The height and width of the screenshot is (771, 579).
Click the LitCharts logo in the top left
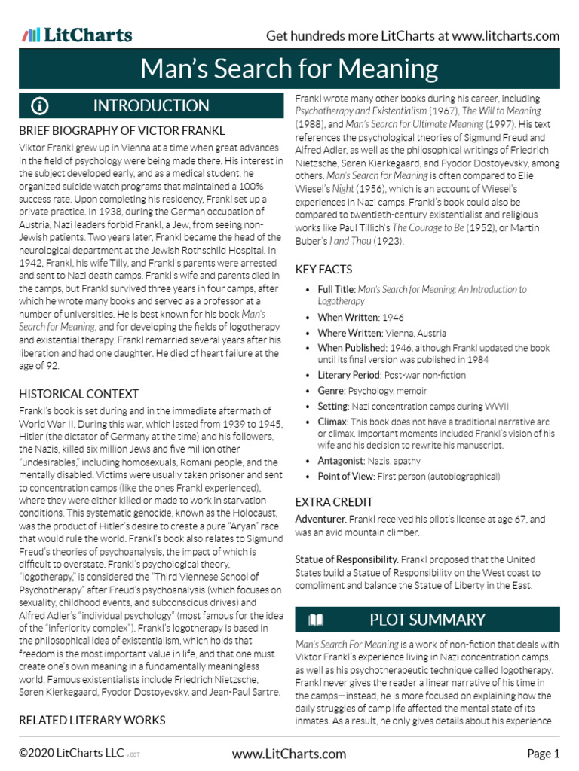pos(77,35)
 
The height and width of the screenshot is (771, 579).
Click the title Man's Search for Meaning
pos(289,69)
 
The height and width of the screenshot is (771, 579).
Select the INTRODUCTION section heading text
pos(151,105)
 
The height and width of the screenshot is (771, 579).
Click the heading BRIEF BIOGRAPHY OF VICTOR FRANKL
pos(121,131)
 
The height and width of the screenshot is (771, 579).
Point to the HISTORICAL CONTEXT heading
pos(78,394)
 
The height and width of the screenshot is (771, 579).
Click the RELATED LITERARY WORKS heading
pos(92,721)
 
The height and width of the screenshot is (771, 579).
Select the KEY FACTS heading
pos(323,270)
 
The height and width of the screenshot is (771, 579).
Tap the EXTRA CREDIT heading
pos(334,501)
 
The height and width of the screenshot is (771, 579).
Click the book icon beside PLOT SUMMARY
pos(317,620)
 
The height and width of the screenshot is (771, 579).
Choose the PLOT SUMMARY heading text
pos(427,620)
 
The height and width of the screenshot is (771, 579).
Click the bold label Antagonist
pos(341,461)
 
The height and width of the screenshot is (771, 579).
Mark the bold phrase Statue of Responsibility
pos(346,560)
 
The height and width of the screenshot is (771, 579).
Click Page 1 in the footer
pos(543,754)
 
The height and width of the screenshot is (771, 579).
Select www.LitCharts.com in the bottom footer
pos(289,754)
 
